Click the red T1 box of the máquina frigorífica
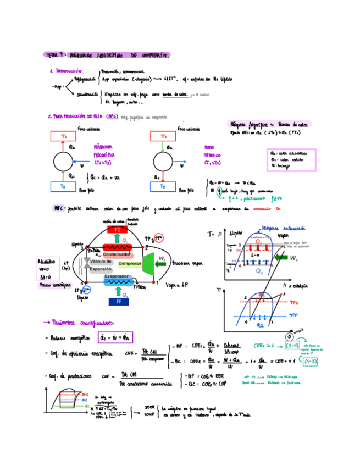coord(64,136)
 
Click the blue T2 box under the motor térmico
coord(163,187)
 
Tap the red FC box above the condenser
coord(118,230)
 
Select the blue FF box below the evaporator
coord(118,301)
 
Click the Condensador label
coord(117,255)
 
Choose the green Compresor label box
coord(130,264)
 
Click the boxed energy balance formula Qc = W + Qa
coord(115,337)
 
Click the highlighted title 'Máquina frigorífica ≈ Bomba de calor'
coord(268,124)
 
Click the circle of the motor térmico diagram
coord(163,162)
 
